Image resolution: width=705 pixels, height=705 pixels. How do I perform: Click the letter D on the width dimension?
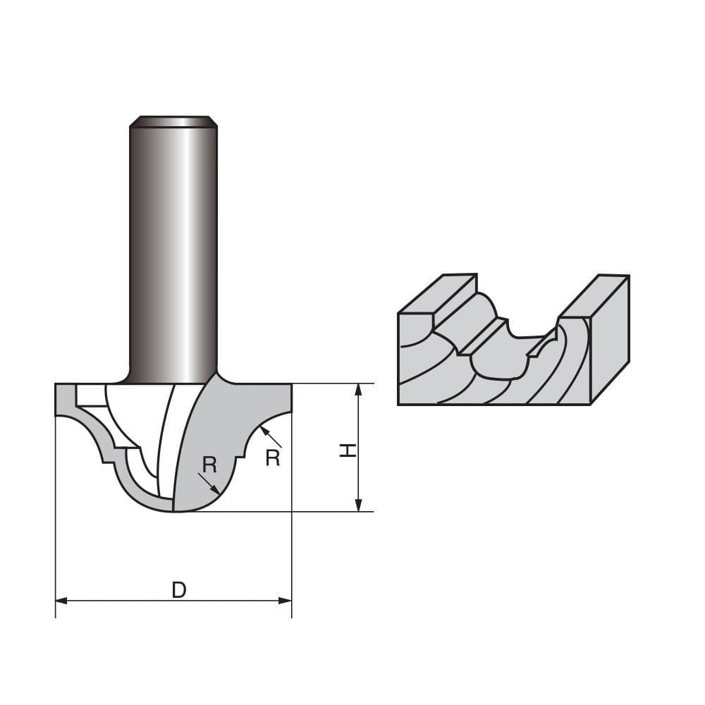[x=179, y=590]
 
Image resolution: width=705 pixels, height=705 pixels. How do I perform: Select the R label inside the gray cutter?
[x=209, y=465]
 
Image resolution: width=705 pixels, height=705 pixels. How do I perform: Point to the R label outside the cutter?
[x=273, y=458]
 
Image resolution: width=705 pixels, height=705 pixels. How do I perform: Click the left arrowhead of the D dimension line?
[x=61, y=601]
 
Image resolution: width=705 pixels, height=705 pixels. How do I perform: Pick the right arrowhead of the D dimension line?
[x=286, y=601]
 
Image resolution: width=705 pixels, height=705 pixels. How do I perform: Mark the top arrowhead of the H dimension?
[x=358, y=390]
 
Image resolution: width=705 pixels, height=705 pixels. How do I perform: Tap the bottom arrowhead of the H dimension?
[x=358, y=505]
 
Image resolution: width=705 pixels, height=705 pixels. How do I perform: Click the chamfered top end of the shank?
[x=173, y=121]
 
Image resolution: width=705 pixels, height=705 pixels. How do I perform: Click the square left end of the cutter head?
[x=64, y=399]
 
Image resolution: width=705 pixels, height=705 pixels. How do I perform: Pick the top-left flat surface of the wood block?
[x=437, y=294]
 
